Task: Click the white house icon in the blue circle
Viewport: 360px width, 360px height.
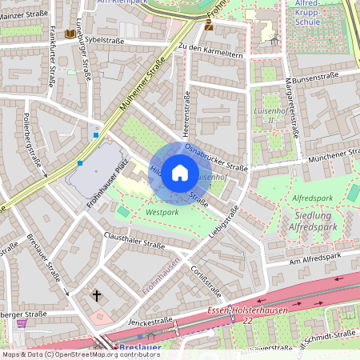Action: click(180, 172)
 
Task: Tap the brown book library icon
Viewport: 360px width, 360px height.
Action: click(70, 34)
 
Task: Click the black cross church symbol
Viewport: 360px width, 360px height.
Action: click(97, 296)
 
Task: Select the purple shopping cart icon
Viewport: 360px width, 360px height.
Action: click(22, 323)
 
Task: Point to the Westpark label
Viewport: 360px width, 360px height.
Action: click(162, 213)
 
